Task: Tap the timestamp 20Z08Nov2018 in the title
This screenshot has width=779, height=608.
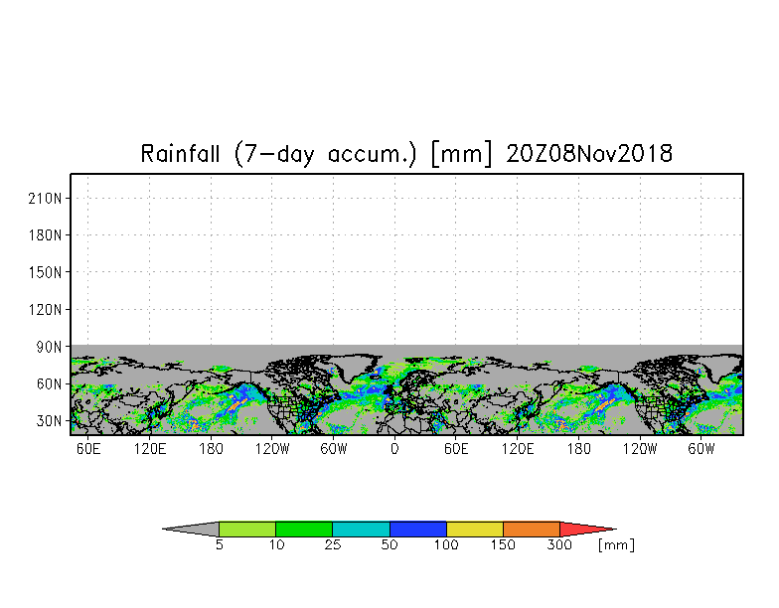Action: coord(589,154)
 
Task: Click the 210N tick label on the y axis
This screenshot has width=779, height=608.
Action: coord(47,198)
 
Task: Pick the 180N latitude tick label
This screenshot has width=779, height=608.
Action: coord(47,235)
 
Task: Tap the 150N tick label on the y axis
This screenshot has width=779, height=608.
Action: coord(47,272)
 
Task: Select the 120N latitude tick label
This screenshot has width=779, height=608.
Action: coord(47,309)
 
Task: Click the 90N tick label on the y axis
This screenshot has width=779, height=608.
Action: coord(50,347)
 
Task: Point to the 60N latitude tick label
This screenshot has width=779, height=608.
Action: coord(50,383)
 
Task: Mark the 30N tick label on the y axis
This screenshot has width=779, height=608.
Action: coord(50,420)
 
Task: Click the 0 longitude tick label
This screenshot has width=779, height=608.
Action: coord(394,449)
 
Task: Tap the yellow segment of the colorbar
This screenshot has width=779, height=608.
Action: coord(475,529)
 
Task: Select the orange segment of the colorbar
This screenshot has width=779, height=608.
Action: coord(532,529)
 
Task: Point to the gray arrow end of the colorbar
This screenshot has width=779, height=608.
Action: coord(193,529)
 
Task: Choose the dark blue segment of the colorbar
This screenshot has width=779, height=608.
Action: coord(418,529)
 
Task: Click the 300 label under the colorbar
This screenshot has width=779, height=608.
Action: coord(560,545)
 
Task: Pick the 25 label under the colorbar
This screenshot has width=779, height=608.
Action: coord(333,545)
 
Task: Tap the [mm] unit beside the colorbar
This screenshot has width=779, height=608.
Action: coord(616,545)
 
